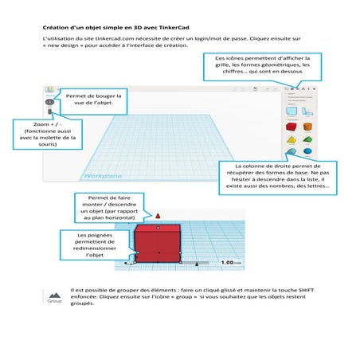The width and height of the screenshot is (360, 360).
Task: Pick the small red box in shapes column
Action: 292,126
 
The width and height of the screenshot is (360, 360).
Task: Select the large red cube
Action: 159,242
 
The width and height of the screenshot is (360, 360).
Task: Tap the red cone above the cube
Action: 159,215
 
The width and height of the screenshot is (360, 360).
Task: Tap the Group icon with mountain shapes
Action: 55,296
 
